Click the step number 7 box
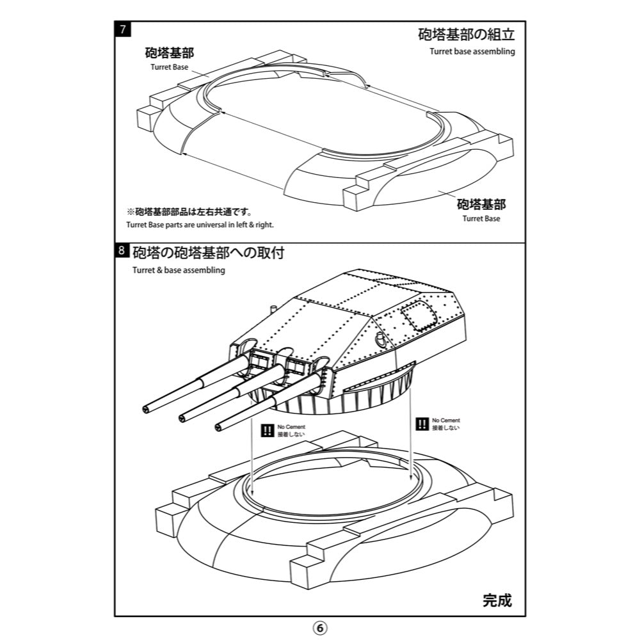(x=122, y=29)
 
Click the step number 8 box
(x=122, y=251)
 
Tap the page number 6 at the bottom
(x=320, y=627)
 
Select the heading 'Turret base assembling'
(x=472, y=52)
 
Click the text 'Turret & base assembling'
(x=179, y=270)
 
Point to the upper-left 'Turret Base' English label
(x=170, y=67)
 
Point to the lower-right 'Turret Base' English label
(x=481, y=218)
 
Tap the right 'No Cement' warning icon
(x=422, y=424)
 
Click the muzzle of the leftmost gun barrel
(x=147, y=408)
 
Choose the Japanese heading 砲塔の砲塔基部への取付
(x=208, y=252)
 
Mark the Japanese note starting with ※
(x=189, y=212)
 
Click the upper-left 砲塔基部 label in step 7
(x=170, y=53)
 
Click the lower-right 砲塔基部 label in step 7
(x=481, y=204)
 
